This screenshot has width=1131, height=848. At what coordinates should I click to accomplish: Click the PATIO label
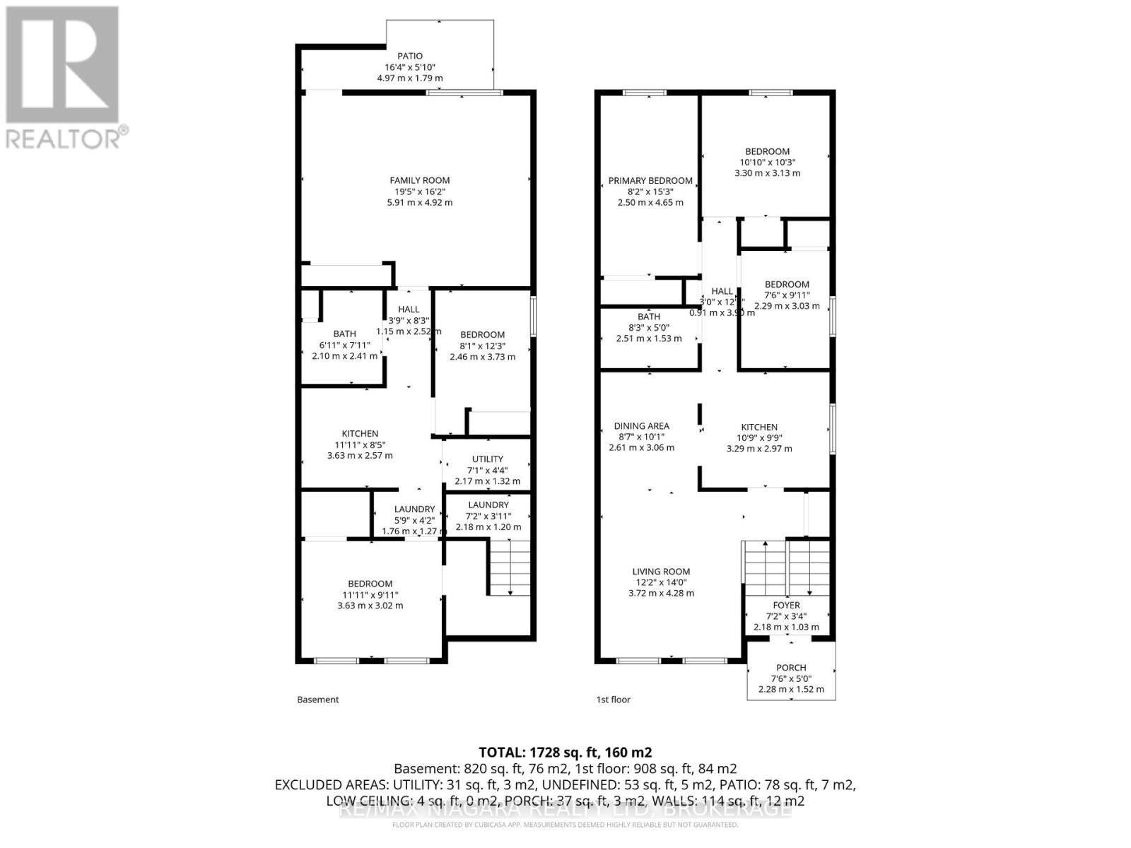410,56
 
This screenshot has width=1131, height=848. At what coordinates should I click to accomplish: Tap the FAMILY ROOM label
420,180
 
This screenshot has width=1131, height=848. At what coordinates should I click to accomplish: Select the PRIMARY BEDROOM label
650,181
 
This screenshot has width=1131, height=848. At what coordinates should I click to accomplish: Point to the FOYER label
786,605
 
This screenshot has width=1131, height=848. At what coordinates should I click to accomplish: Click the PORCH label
791,667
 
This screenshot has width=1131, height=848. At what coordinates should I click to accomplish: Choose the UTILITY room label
488,459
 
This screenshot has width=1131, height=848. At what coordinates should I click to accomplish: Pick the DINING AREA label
641,426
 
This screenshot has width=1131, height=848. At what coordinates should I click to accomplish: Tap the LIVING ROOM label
661,572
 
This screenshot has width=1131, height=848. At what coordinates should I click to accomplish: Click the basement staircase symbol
510,567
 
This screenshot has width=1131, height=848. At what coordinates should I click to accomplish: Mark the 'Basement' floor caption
318,700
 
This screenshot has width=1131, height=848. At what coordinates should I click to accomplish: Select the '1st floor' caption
613,700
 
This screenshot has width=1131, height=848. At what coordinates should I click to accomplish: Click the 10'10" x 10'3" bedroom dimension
767,162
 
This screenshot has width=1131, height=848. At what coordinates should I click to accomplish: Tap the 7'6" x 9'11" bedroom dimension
787,295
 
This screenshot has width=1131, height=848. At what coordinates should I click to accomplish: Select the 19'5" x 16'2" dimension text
420,192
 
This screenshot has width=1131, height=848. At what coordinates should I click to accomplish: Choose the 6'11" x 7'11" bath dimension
345,345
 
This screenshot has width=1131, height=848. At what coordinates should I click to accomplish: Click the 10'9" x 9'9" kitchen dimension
759,437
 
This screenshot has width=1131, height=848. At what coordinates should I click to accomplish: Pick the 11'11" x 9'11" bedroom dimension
370,594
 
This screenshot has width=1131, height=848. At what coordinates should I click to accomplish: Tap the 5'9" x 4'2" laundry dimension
414,520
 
